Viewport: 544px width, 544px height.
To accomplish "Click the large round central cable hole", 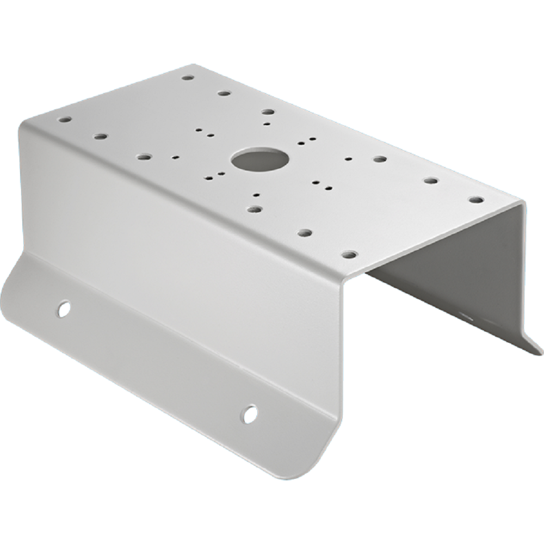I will (259, 160).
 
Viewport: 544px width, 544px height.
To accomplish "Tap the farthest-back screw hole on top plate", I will (188, 78).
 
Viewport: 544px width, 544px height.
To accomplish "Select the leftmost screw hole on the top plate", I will (65, 119).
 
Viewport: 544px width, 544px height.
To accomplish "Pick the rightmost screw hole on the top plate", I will (476, 200).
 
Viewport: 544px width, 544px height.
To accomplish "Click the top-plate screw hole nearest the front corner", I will (350, 254).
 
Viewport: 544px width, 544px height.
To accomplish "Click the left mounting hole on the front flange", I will (64, 308).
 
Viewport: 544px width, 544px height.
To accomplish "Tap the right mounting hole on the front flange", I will (250, 414).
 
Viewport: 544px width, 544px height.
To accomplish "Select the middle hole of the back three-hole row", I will (224, 93).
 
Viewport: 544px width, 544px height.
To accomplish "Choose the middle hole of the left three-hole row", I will (100, 136).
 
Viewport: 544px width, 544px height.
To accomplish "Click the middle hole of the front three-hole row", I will (305, 232).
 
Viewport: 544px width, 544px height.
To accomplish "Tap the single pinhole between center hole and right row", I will (348, 159).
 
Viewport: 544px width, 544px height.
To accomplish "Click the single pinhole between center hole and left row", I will (175, 157).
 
